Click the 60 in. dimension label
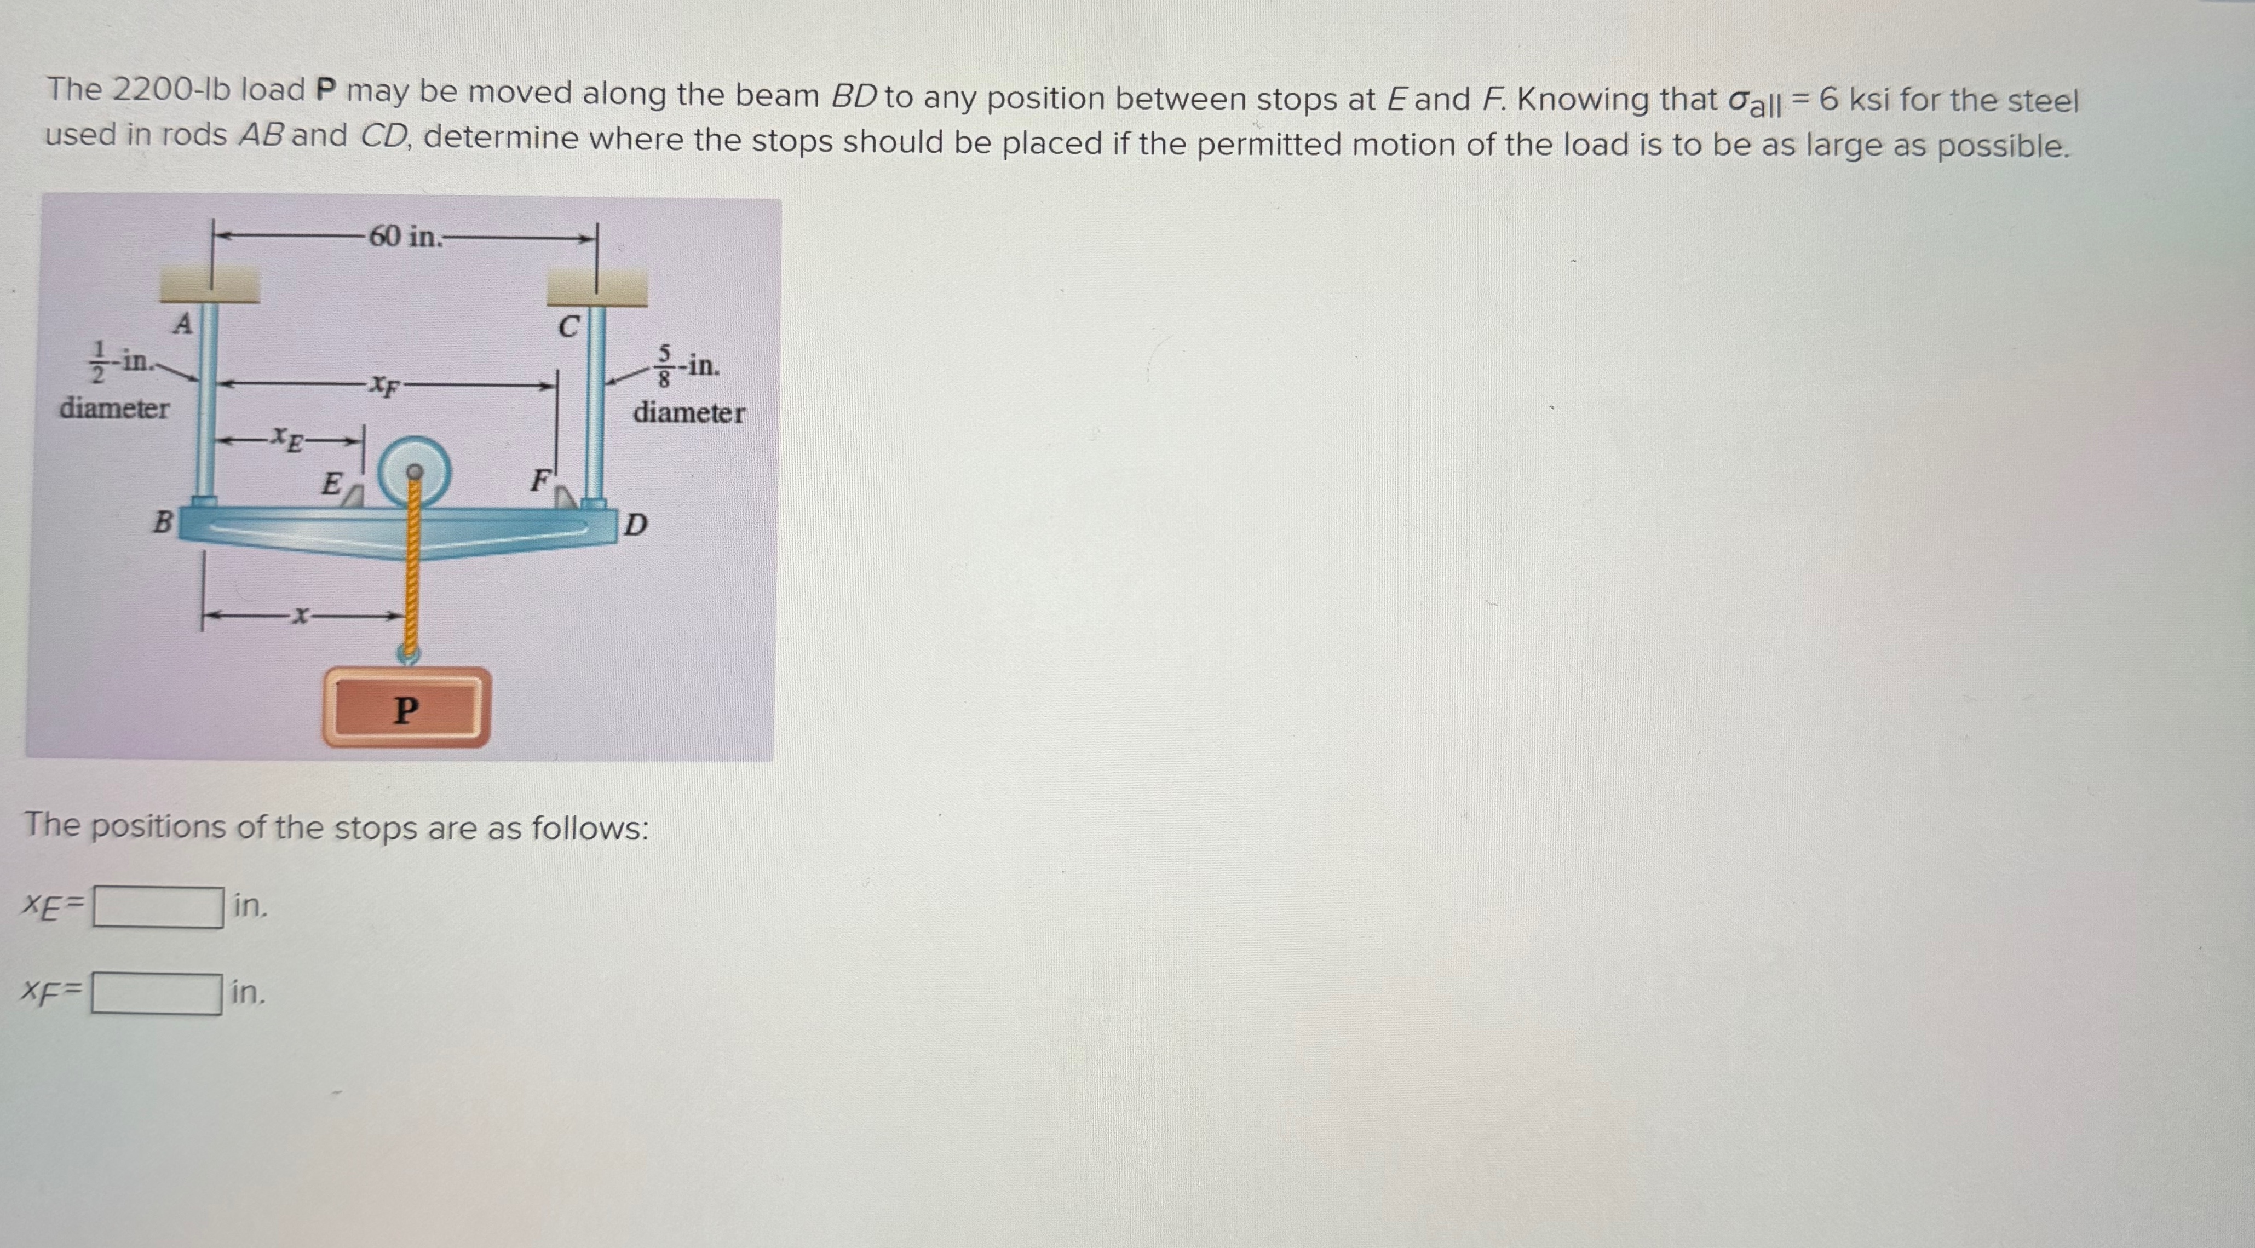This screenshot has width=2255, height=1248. click(x=405, y=237)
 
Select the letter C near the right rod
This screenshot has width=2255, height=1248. click(x=568, y=327)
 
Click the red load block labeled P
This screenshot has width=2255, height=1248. click(x=405, y=707)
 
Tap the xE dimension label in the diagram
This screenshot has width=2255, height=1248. click(x=286, y=438)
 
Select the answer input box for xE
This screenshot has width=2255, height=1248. click(x=158, y=907)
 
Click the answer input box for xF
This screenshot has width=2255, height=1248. click(x=158, y=993)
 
